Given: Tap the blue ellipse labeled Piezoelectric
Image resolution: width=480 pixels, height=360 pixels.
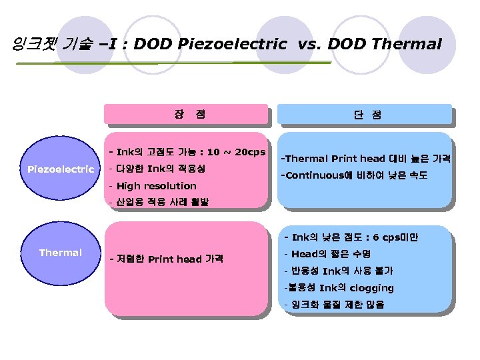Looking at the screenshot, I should tap(60, 169).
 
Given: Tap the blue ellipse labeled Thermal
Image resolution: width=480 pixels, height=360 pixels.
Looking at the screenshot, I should tap(60, 253).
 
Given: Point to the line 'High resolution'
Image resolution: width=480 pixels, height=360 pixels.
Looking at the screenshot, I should tap(156, 186).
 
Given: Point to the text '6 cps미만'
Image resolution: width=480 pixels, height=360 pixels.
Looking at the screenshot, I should tap(395, 237).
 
